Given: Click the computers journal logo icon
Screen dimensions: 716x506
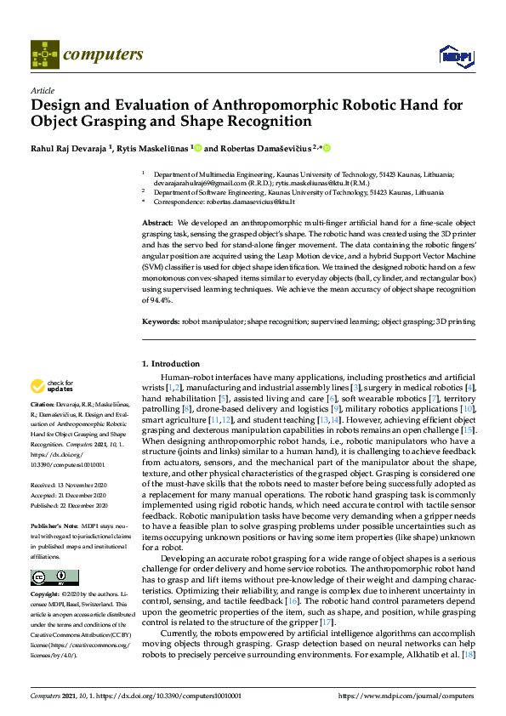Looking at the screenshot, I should (x=44, y=54).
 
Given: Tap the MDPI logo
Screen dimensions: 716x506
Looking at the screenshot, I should (x=451, y=56).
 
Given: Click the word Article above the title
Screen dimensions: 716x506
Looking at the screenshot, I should (x=42, y=90).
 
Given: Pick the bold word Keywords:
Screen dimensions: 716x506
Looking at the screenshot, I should (x=160, y=322).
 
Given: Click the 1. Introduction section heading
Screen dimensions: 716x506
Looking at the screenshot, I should (x=170, y=365).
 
